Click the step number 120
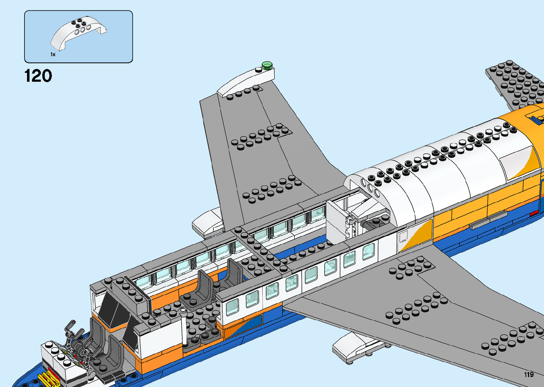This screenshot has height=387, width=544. tap(38, 76)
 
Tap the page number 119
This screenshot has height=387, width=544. tap(528, 375)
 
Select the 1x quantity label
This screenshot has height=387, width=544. tap(53, 54)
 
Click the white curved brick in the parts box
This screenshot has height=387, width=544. tap(79, 34)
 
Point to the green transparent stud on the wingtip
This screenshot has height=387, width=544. tap(267, 65)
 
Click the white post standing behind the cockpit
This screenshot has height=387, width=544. tap(183, 327)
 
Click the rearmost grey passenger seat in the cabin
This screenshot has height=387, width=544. tap(233, 274)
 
